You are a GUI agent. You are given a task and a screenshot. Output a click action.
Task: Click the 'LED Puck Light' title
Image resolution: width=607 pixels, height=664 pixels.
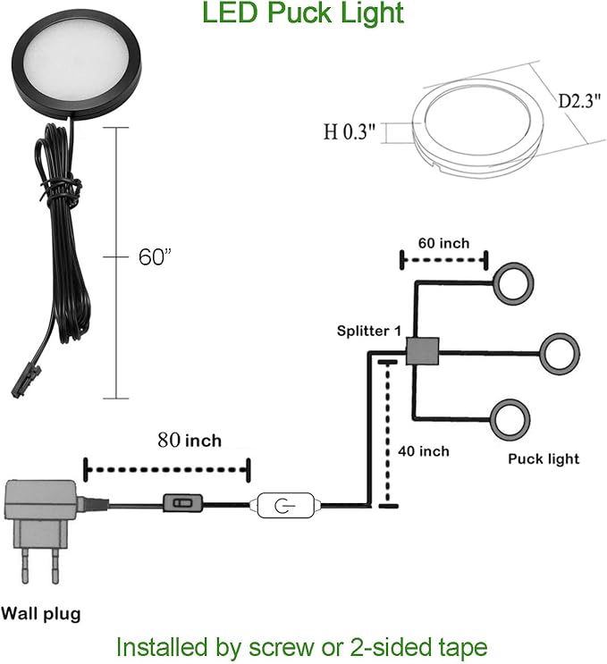[x=303, y=13]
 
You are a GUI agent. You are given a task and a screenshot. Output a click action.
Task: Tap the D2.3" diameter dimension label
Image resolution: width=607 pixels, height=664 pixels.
[x=578, y=101]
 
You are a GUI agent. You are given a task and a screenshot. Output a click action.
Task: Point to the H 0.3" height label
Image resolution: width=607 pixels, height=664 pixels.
[x=350, y=131]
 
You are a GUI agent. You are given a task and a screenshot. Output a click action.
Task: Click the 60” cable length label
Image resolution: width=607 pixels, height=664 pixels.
[x=155, y=256]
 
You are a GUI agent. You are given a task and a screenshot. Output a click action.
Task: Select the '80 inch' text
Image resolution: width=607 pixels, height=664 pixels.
[x=190, y=441]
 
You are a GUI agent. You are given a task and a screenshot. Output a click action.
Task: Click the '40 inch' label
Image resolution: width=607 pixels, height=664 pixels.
[x=424, y=451]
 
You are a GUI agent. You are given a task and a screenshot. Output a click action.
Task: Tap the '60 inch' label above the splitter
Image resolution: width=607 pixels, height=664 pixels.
[x=444, y=243]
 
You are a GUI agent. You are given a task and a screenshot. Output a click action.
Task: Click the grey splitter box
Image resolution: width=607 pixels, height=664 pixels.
[x=422, y=351]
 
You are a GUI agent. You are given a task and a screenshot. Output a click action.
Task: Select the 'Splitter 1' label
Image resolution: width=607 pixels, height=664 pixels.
[x=368, y=331]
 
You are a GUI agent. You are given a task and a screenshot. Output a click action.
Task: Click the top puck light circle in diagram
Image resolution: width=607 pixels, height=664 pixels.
[x=493, y=283]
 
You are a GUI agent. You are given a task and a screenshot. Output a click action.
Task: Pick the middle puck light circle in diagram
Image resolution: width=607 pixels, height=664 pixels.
[x=541, y=354]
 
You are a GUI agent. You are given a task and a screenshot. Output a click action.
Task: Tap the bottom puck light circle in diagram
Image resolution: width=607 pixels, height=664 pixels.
[x=492, y=419]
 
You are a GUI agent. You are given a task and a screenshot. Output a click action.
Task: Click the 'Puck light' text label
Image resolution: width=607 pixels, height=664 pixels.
[x=544, y=459]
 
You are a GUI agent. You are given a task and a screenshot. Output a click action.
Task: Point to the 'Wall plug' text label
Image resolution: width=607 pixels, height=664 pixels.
[x=40, y=614]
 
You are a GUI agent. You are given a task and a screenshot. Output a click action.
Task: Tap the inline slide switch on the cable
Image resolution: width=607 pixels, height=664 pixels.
[x=183, y=503]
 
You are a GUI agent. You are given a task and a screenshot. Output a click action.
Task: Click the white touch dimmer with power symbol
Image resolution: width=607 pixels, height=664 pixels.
[x=286, y=505]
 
